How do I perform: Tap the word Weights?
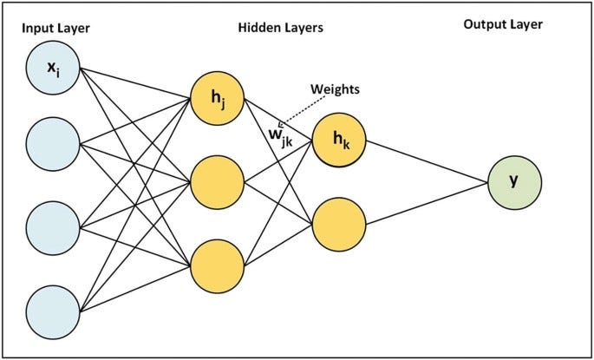[x=333, y=88]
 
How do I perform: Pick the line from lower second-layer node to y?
[x=425, y=202]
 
